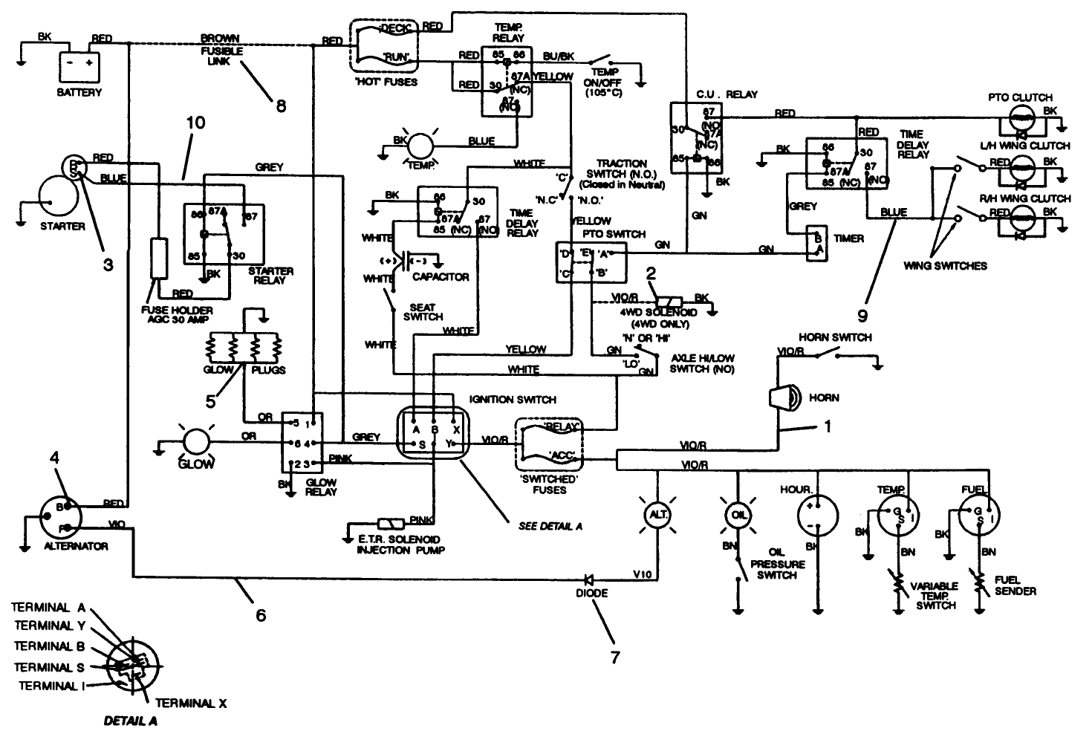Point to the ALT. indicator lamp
[x=657, y=513]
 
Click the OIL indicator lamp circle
[x=737, y=513]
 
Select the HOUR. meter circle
[x=817, y=513]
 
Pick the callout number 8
[x=281, y=106]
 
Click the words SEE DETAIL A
[x=550, y=526]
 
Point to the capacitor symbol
[x=406, y=261]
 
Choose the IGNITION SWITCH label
[x=513, y=399]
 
